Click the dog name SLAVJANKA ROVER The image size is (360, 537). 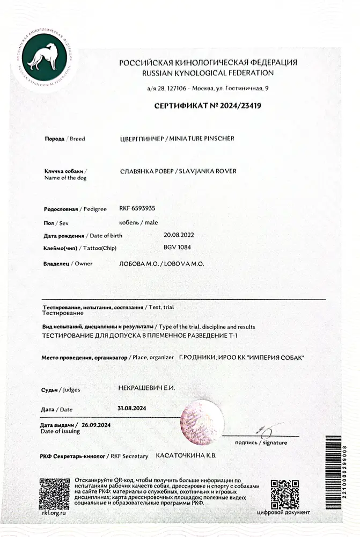[207, 171]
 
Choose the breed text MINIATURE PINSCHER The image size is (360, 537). [202, 139]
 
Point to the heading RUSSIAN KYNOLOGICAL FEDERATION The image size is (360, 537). [208, 72]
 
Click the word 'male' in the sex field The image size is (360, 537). [148, 222]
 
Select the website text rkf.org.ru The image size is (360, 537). [54, 514]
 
